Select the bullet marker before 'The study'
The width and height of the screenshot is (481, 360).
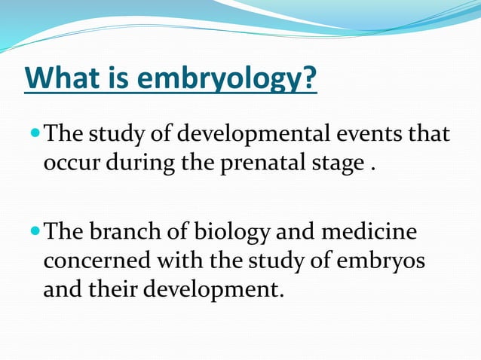click(35, 136)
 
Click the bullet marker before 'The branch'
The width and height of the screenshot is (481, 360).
click(35, 233)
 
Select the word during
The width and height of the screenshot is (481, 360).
click(136, 163)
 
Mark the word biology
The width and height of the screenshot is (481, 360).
click(236, 234)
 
